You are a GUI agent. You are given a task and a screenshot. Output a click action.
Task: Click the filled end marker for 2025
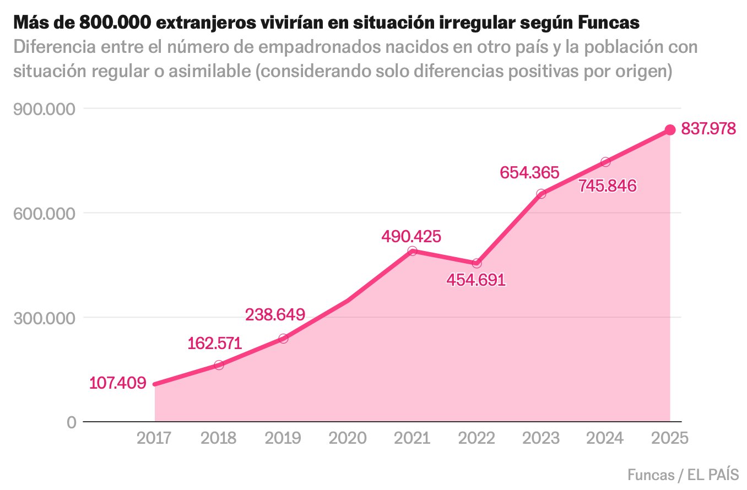(x=670, y=130)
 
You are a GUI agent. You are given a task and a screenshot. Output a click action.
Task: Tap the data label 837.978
(x=708, y=129)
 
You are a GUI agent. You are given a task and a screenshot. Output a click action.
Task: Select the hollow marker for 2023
(x=541, y=194)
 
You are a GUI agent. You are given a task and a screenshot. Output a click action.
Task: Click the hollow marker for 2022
(x=477, y=263)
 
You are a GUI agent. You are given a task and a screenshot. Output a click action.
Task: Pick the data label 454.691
(x=476, y=280)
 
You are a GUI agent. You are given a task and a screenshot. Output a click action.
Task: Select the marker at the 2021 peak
(x=412, y=251)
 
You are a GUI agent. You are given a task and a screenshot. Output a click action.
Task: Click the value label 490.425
(x=412, y=237)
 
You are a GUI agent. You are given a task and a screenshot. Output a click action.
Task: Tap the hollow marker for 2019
(x=283, y=339)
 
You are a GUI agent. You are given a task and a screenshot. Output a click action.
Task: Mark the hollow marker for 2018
(x=219, y=365)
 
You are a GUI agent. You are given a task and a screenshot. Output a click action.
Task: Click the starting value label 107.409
(x=118, y=383)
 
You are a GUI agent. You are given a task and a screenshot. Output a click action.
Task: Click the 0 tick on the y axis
(x=71, y=422)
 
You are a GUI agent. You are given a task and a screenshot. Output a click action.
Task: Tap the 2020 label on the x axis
(x=348, y=438)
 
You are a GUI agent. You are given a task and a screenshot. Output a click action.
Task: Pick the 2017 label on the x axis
(x=154, y=438)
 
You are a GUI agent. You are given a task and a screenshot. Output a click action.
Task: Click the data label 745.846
(x=608, y=186)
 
